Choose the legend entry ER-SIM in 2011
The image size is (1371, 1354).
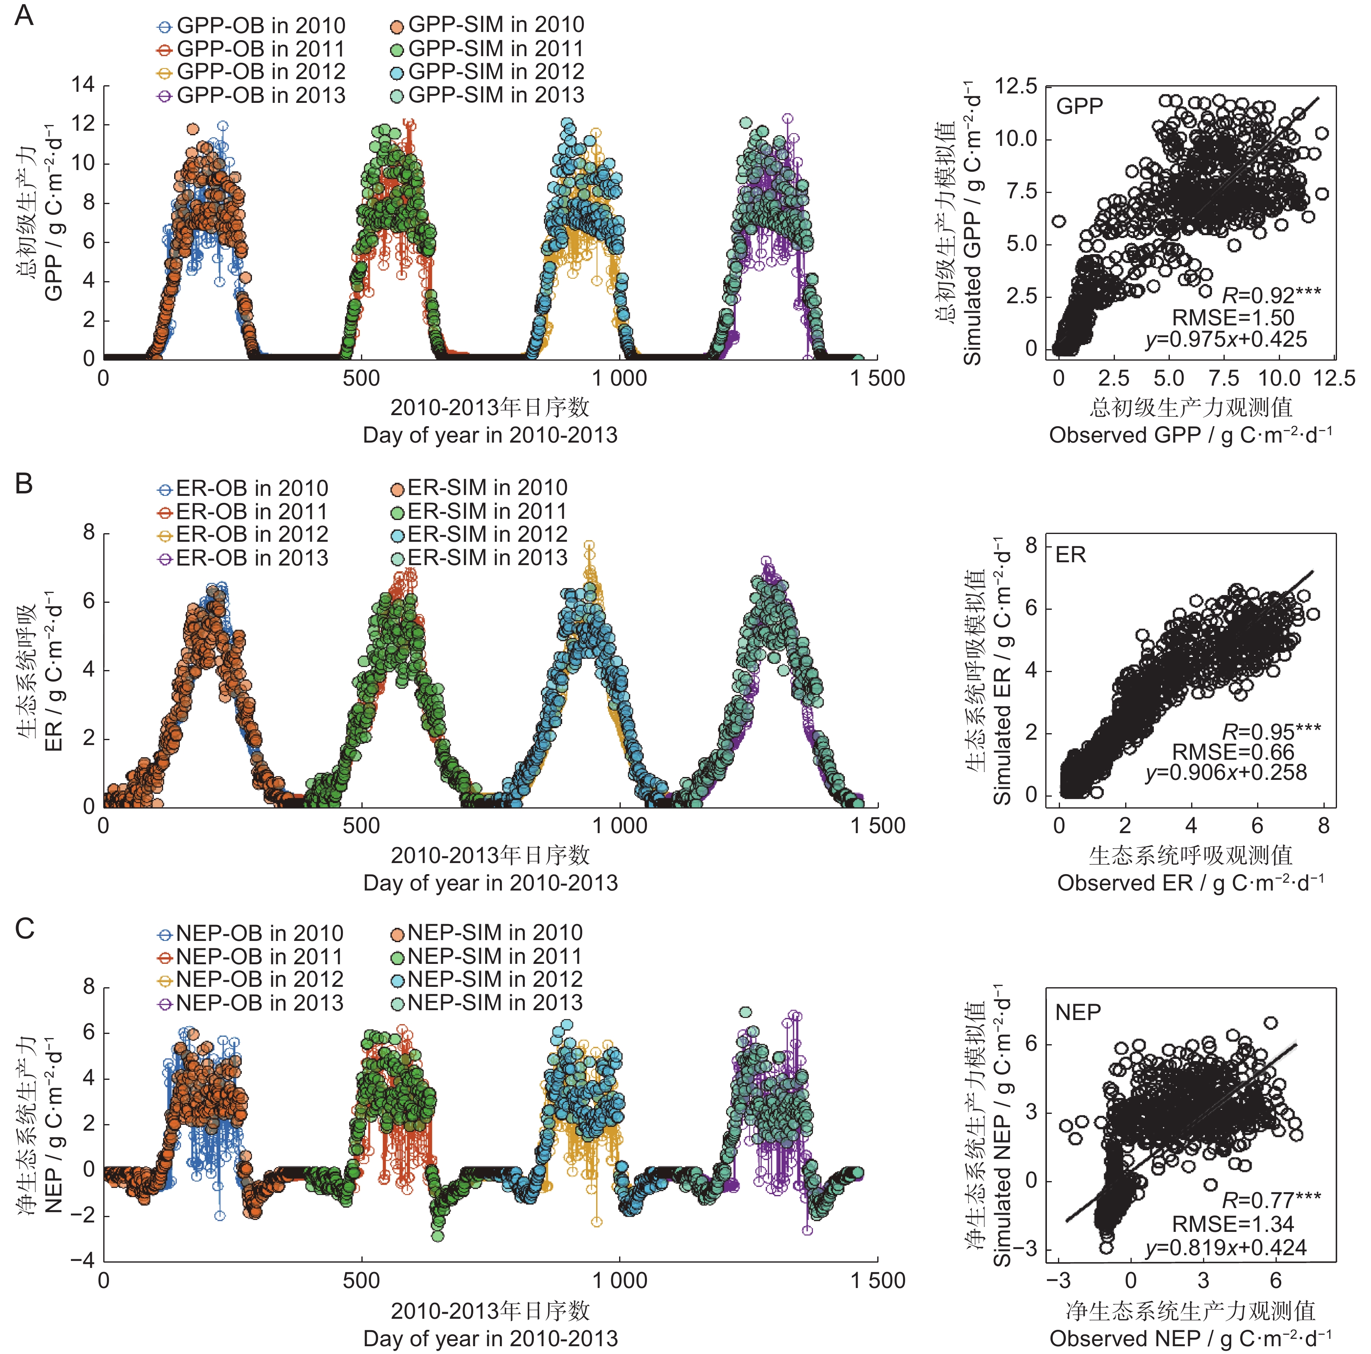click(479, 511)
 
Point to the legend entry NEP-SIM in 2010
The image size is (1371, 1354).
click(487, 932)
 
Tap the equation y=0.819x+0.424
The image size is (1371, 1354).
click(1226, 1247)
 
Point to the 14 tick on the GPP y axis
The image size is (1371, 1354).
click(82, 85)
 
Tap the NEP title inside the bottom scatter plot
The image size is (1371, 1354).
click(1078, 1012)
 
